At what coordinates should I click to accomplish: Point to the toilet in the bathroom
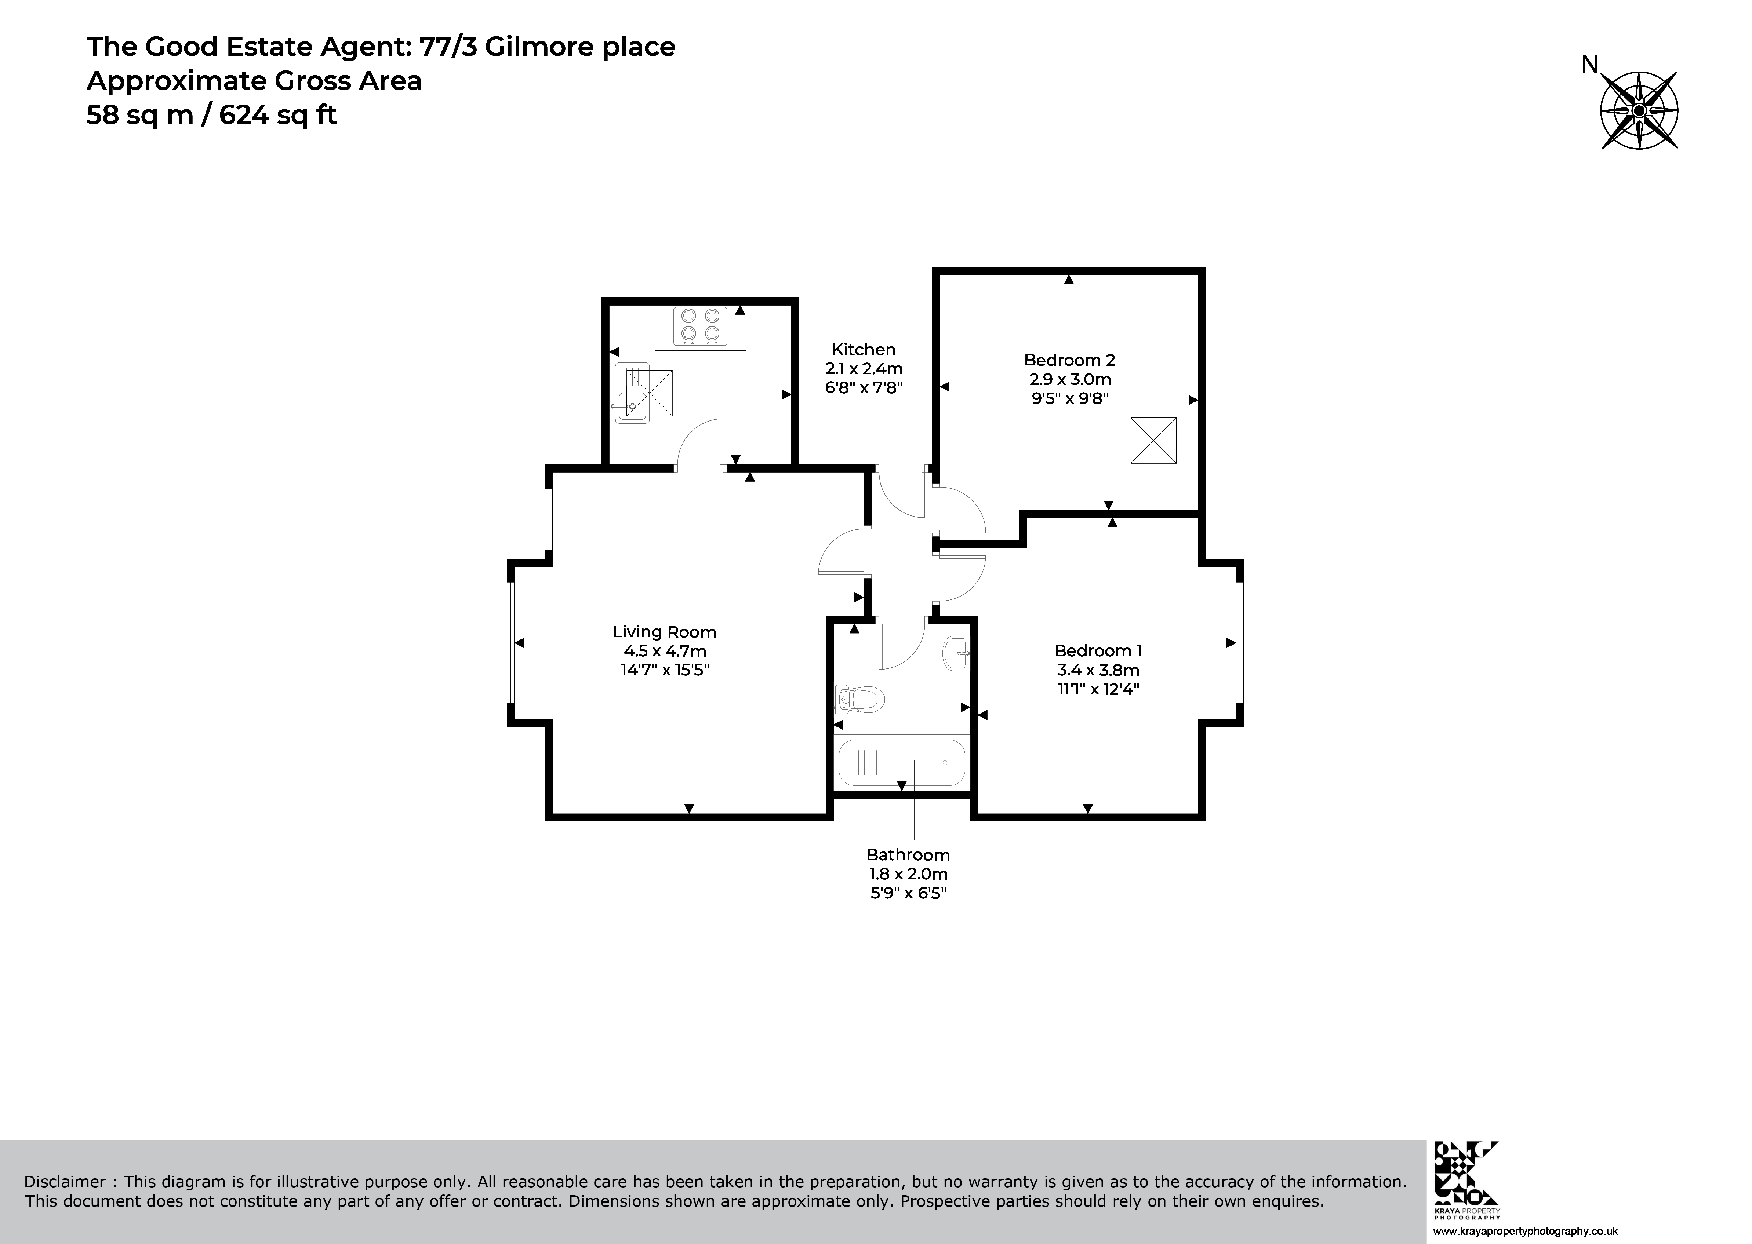[859, 698]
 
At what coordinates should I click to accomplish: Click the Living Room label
[664, 632]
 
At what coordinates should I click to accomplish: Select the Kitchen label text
[864, 349]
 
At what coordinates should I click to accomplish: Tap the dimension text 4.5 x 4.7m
[664, 651]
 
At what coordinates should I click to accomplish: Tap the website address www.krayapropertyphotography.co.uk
[1524, 1232]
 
